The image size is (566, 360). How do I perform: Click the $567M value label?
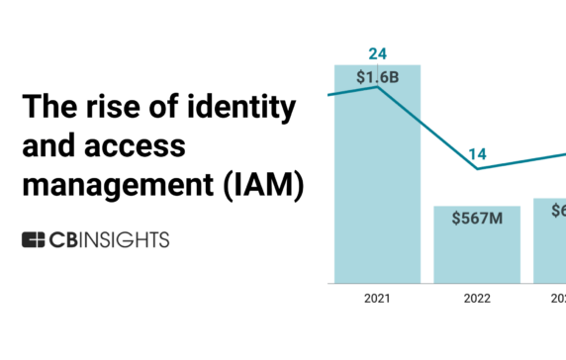(x=477, y=219)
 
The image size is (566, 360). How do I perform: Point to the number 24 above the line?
(x=377, y=53)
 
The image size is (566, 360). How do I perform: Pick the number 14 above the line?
(x=478, y=154)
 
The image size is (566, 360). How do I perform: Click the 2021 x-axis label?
(x=377, y=298)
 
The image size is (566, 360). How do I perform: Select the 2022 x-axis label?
(x=477, y=298)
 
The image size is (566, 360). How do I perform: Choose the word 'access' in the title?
(x=140, y=146)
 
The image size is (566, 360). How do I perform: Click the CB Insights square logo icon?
(x=34, y=239)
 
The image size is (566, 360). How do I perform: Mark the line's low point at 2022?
(x=478, y=169)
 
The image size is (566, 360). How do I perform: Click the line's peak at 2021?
(x=377, y=87)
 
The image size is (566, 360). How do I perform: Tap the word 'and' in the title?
(x=45, y=146)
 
